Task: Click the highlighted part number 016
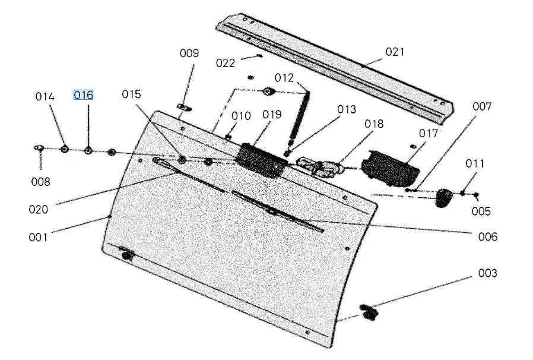pyautogui.click(x=83, y=95)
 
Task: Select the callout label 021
pyautogui.click(x=395, y=52)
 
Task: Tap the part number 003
pyautogui.click(x=487, y=273)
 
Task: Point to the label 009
pyautogui.click(x=189, y=53)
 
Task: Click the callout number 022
pyautogui.click(x=226, y=63)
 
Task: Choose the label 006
pyautogui.click(x=487, y=236)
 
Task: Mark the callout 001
pyautogui.click(x=38, y=237)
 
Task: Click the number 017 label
pyautogui.click(x=429, y=134)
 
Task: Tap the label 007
pyautogui.click(x=482, y=106)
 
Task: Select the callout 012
pyautogui.click(x=284, y=78)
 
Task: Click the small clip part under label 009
pyautogui.click(x=184, y=108)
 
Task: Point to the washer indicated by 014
pyautogui.click(x=65, y=149)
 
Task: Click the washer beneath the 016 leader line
pyautogui.click(x=88, y=150)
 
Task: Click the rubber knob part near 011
pyautogui.click(x=443, y=198)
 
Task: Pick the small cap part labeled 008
pyautogui.click(x=39, y=148)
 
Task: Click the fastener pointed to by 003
pyautogui.click(x=369, y=312)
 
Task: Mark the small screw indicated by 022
pyautogui.click(x=260, y=56)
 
